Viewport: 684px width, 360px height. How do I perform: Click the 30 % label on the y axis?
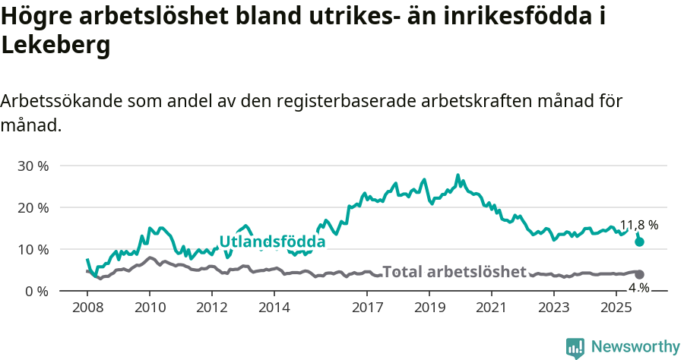pyautogui.click(x=33, y=166)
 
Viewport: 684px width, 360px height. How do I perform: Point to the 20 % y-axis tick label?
pyautogui.click(x=33, y=207)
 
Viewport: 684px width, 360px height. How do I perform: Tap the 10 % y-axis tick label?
pyautogui.click(x=33, y=249)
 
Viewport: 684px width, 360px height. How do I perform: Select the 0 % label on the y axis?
pyautogui.click(x=36, y=291)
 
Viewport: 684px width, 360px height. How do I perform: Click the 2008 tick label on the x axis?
pyautogui.click(x=87, y=308)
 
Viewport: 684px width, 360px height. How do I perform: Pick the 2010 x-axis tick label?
pyautogui.click(x=149, y=308)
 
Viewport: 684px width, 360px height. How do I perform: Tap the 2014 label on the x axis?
pyautogui.click(x=274, y=308)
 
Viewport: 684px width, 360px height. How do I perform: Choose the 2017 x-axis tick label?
pyautogui.click(x=367, y=308)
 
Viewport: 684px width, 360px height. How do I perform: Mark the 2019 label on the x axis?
pyautogui.click(x=429, y=308)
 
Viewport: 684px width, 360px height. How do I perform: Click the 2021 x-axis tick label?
pyautogui.click(x=491, y=308)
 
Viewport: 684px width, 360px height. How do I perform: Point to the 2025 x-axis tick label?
pyautogui.click(x=616, y=308)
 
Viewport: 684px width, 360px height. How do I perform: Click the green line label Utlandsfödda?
pyautogui.click(x=272, y=242)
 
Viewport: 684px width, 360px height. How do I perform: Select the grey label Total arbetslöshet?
pyautogui.click(x=454, y=272)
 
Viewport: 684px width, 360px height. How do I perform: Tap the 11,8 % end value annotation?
pyautogui.click(x=639, y=226)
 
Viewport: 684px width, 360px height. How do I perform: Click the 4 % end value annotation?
pyautogui.click(x=639, y=288)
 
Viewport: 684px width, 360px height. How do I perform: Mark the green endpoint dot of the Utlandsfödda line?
pyautogui.click(x=640, y=242)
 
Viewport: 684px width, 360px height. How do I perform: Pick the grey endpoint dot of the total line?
pyautogui.click(x=640, y=274)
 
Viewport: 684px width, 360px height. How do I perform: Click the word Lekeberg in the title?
pyautogui.click(x=56, y=46)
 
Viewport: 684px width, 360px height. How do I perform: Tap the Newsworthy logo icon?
pyautogui.click(x=575, y=347)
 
